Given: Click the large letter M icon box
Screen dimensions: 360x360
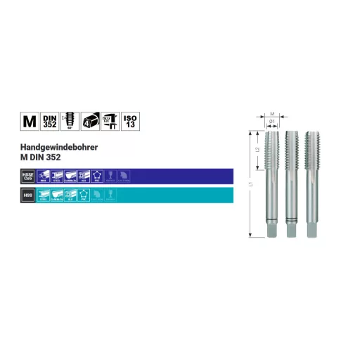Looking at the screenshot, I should pos(29,121).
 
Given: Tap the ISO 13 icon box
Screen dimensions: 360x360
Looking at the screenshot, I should pos(131,121).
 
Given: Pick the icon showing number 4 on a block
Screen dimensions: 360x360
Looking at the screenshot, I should pos(90,121).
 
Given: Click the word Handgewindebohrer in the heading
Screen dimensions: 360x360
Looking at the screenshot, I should pos(53,148).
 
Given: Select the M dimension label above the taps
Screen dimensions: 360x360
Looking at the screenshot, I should pos(272,112).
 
